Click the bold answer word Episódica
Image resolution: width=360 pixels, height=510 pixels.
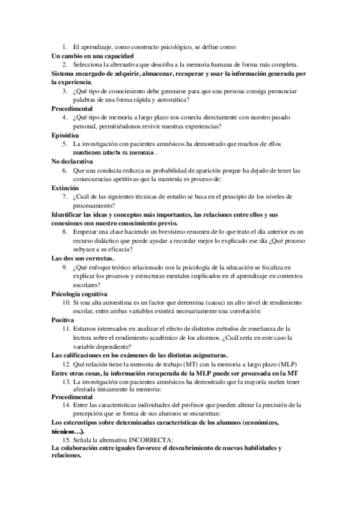65,135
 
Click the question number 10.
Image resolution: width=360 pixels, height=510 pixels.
66,303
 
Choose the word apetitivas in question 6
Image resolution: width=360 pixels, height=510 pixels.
135,179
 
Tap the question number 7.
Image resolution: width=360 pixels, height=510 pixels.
65,197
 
